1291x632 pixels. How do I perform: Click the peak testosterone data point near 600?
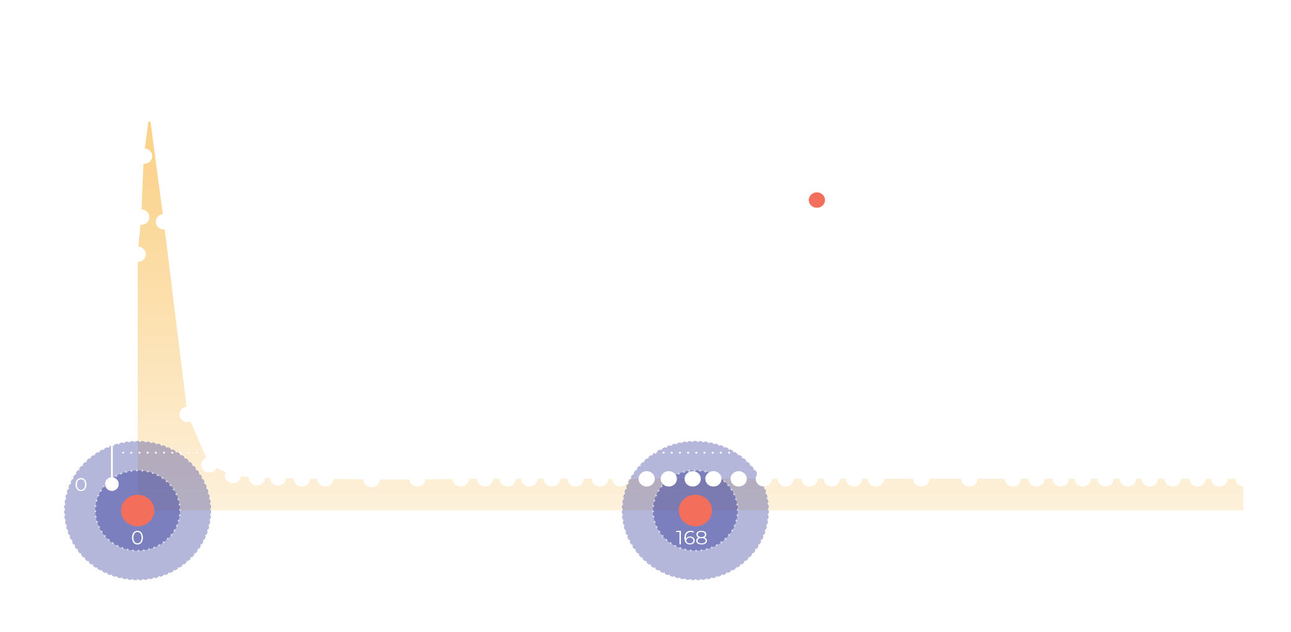click(149, 114)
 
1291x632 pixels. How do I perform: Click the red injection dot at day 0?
click(137, 510)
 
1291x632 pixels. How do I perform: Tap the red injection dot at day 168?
click(695, 510)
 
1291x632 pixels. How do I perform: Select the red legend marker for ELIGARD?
click(817, 200)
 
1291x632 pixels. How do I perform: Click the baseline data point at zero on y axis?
click(112, 484)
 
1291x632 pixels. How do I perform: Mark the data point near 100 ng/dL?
click(187, 414)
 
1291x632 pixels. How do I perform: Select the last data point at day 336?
click(1243, 479)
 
